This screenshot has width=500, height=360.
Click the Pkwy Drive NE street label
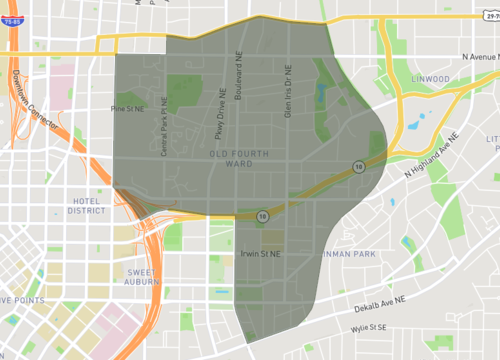pos(220,111)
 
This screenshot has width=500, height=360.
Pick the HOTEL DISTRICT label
pos(86,205)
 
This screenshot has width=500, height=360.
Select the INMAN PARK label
pos(350,254)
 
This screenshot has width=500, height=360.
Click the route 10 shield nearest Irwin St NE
pos(261,215)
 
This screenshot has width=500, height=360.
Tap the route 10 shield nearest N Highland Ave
pos(357,167)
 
